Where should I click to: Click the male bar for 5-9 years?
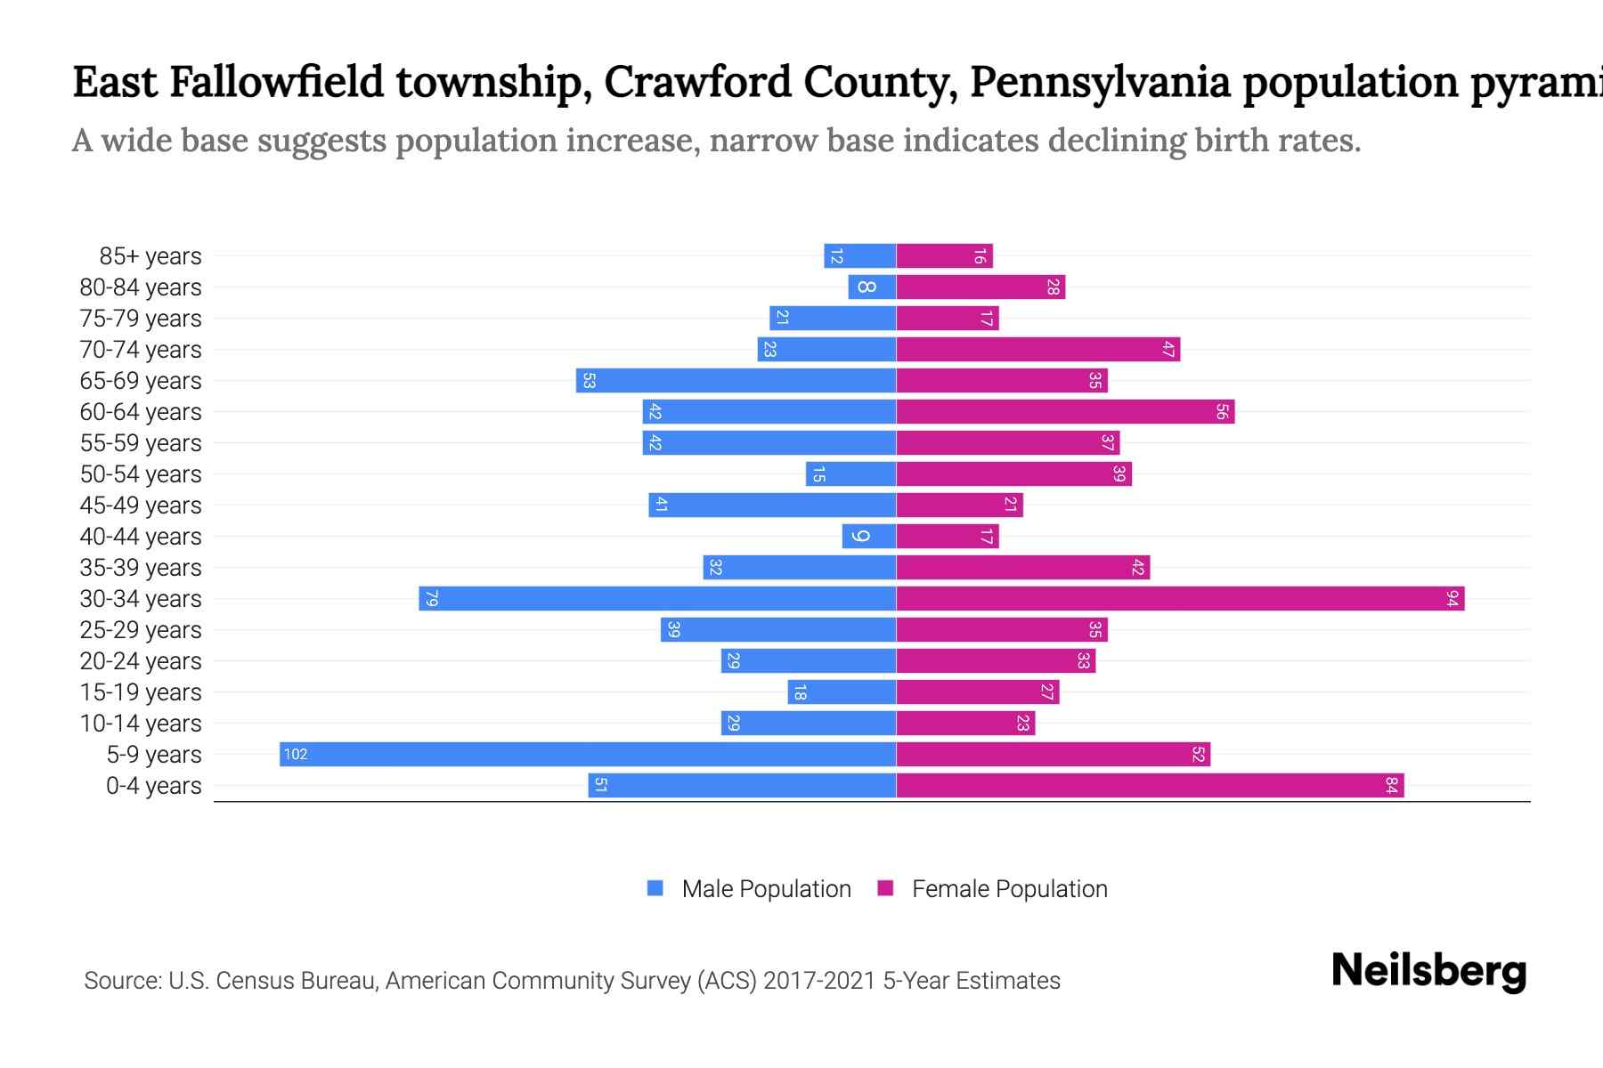click(588, 755)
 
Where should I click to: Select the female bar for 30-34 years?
click(1180, 599)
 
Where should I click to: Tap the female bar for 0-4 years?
click(1149, 786)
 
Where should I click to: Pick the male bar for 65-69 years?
click(736, 381)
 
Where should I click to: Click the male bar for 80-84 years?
click(872, 287)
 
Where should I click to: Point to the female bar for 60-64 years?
click(1065, 412)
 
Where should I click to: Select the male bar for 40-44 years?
click(869, 537)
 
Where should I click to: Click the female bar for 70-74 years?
click(1037, 350)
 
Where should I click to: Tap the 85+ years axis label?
click(150, 256)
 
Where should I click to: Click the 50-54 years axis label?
click(141, 474)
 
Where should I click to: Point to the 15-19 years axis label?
click(141, 692)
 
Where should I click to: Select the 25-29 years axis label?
click(141, 630)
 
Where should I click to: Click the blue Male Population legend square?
click(655, 888)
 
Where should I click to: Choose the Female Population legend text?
click(1009, 889)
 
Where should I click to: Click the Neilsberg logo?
click(1428, 971)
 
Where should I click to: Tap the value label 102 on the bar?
click(296, 755)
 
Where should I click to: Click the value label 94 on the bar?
click(1452, 599)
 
